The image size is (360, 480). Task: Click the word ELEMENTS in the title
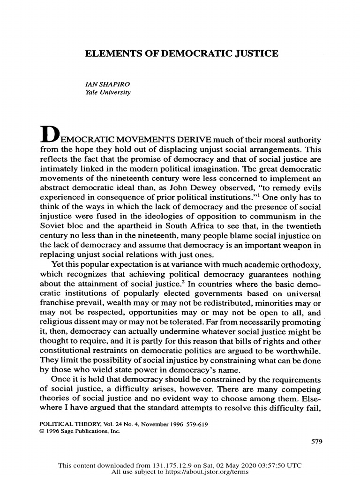click(x=109, y=54)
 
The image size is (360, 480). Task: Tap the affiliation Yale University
click(x=106, y=92)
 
